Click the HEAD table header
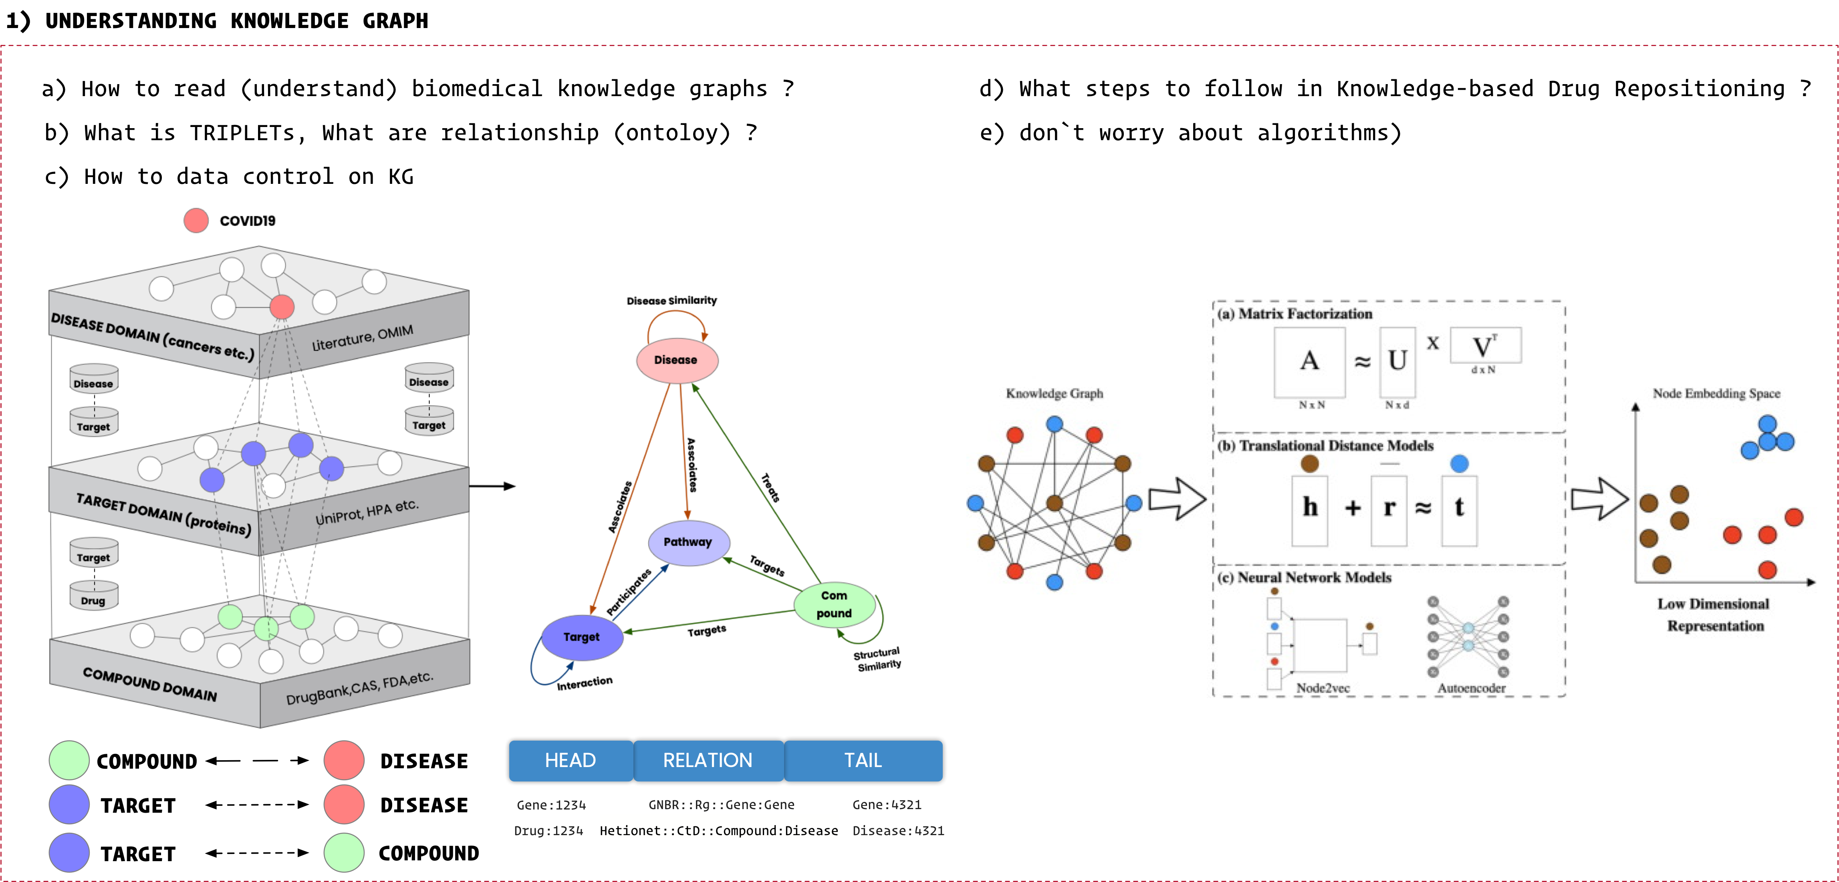[571, 761]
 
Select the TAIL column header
[863, 761]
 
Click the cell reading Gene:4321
[887, 805]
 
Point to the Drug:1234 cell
[548, 831]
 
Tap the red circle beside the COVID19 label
[196, 220]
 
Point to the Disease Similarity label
[672, 300]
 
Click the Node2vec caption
[1323, 688]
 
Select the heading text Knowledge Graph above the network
[1055, 393]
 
